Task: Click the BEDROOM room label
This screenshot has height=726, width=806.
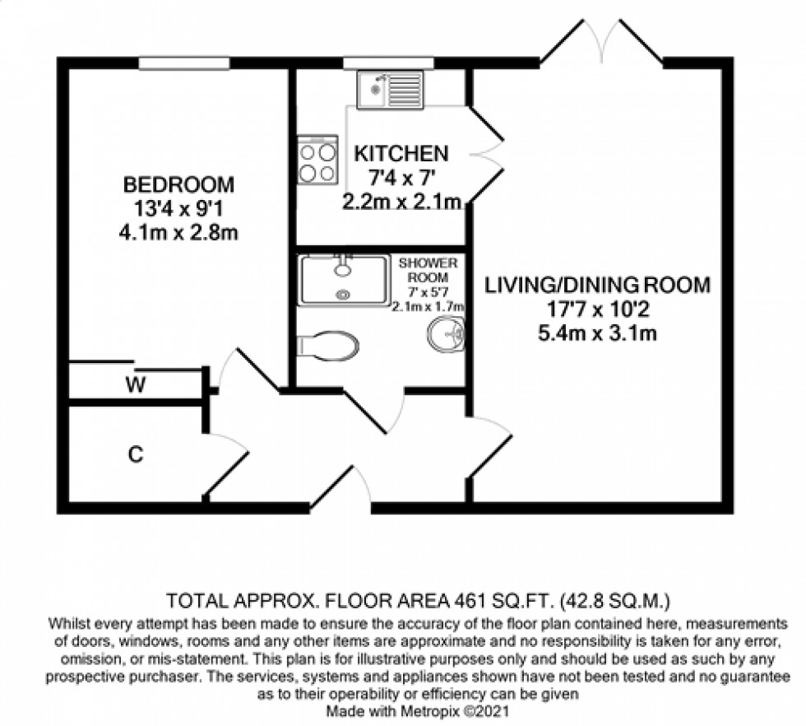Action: tap(178, 183)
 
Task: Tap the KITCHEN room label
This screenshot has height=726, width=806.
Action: tap(401, 153)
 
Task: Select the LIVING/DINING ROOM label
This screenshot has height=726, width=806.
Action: tap(597, 286)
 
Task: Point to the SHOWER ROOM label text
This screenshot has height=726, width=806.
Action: tap(427, 272)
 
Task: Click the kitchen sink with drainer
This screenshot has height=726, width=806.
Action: tap(390, 89)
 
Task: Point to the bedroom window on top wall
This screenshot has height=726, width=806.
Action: tap(183, 63)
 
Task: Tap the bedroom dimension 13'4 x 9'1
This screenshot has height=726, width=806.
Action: tap(178, 207)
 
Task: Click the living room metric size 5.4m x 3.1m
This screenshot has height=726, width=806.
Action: tap(597, 333)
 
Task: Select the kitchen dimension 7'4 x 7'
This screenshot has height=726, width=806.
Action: tap(401, 178)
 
